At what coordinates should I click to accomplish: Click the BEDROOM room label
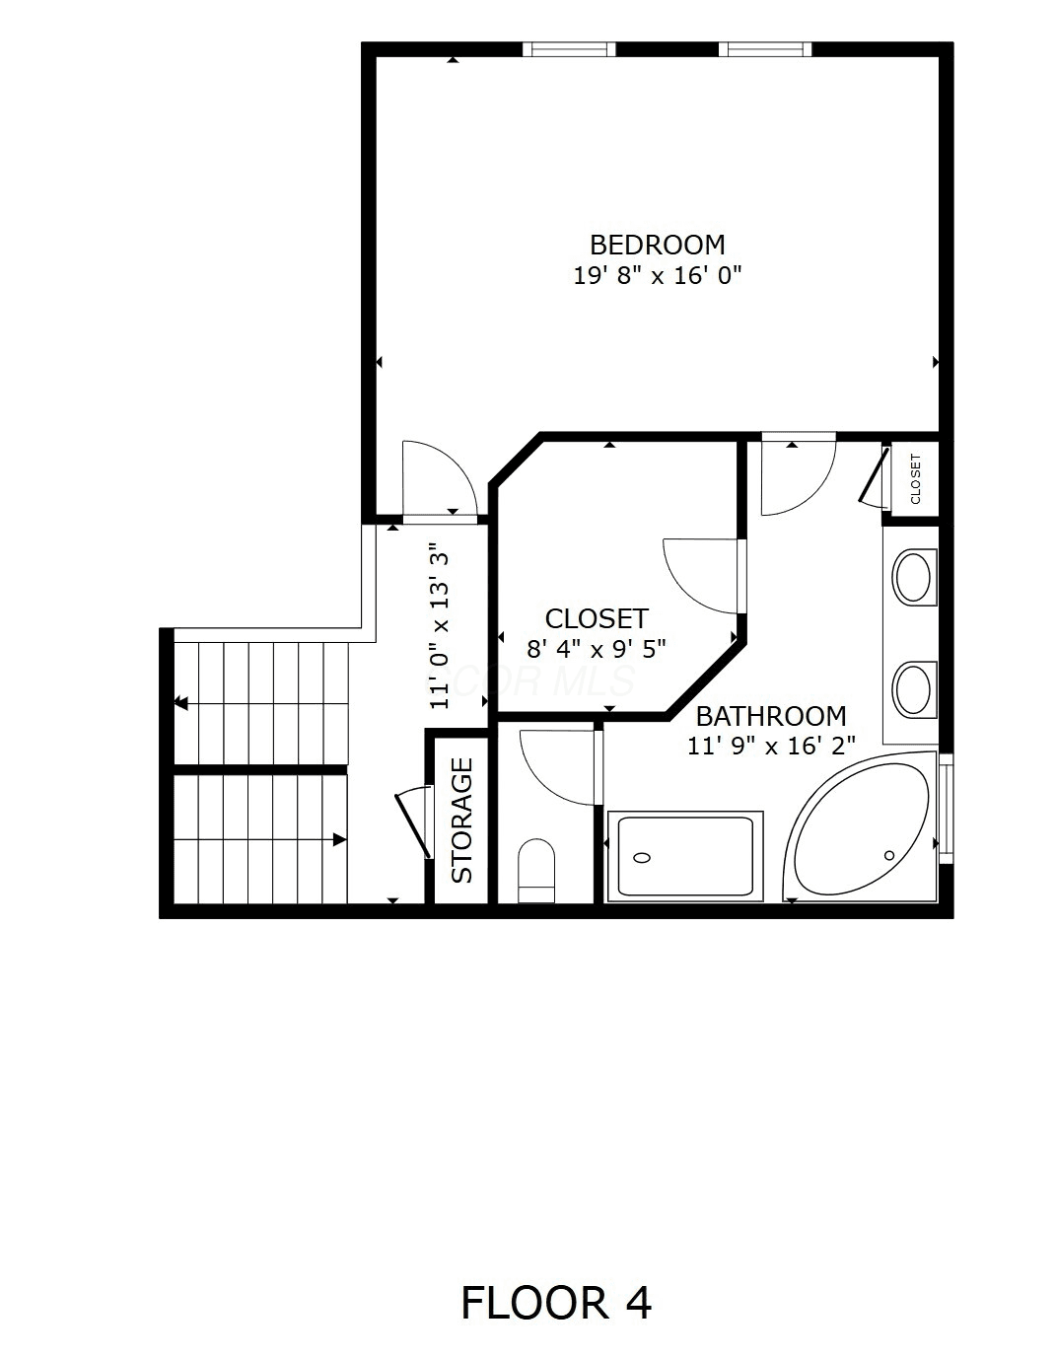pyautogui.click(x=657, y=245)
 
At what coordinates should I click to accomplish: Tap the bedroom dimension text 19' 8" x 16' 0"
pyautogui.click(x=657, y=275)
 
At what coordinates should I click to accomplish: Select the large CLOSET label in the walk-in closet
pyautogui.click(x=597, y=619)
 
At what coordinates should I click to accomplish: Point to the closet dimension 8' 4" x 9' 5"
pyautogui.click(x=597, y=650)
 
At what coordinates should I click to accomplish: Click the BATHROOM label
pyautogui.click(x=771, y=716)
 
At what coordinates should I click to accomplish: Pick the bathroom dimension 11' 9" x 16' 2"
pyautogui.click(x=771, y=746)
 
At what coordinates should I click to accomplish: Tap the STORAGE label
pyautogui.click(x=462, y=820)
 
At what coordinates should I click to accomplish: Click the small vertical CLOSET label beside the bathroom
pyautogui.click(x=915, y=479)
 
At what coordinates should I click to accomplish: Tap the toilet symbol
pyautogui.click(x=536, y=871)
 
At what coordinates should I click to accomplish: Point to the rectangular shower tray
pyautogui.click(x=685, y=856)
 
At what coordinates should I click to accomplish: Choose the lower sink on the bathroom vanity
pyautogui.click(x=914, y=689)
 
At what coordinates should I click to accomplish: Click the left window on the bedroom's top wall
pyautogui.click(x=569, y=49)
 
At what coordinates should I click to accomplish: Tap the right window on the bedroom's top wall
pyautogui.click(x=765, y=49)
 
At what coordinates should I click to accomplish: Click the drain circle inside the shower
pyautogui.click(x=641, y=857)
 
